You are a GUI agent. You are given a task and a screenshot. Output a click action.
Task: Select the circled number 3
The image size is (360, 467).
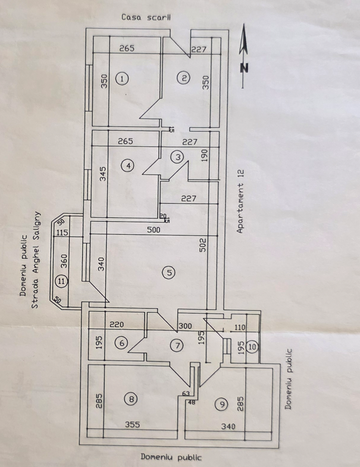(x=177, y=157)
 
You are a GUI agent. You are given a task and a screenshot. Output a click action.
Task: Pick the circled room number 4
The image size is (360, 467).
(x=130, y=165)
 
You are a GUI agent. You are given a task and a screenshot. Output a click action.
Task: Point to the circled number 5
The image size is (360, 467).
(x=169, y=272)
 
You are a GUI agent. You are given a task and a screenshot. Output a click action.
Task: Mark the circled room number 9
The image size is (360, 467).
(x=222, y=405)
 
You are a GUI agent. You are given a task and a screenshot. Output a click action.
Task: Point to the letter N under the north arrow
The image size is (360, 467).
(x=244, y=68)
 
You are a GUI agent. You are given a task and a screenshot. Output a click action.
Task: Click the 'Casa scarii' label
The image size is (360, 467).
(x=146, y=17)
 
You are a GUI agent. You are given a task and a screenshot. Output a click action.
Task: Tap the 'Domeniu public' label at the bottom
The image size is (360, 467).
(x=171, y=457)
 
